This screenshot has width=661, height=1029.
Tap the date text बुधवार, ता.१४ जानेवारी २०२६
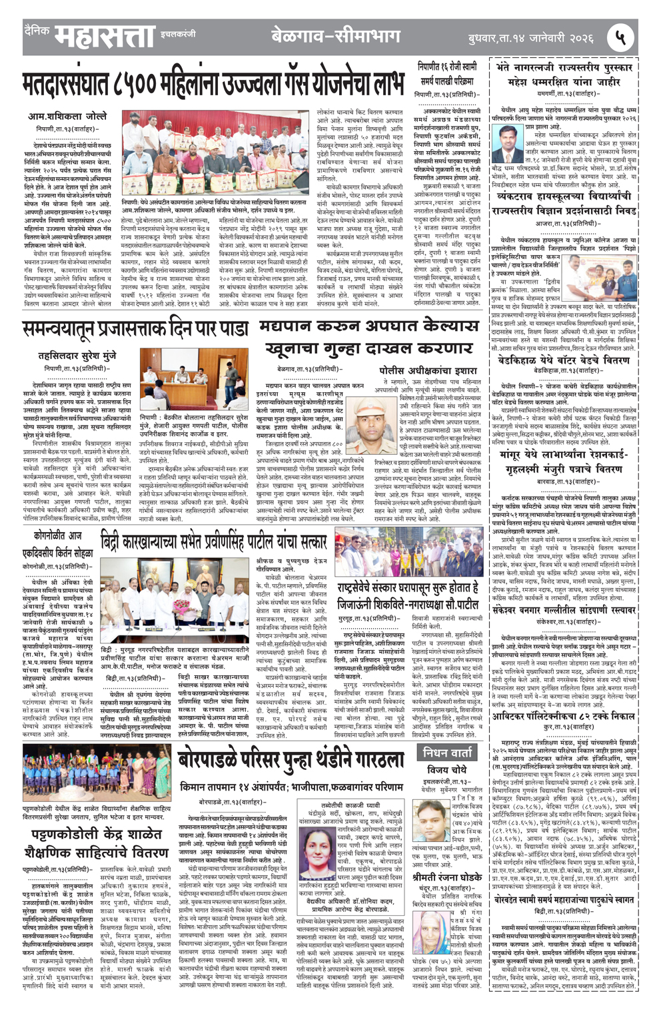pyautogui.click(x=530, y=39)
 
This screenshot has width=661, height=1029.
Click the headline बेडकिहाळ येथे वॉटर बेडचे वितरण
pyautogui.click(x=564, y=360)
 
